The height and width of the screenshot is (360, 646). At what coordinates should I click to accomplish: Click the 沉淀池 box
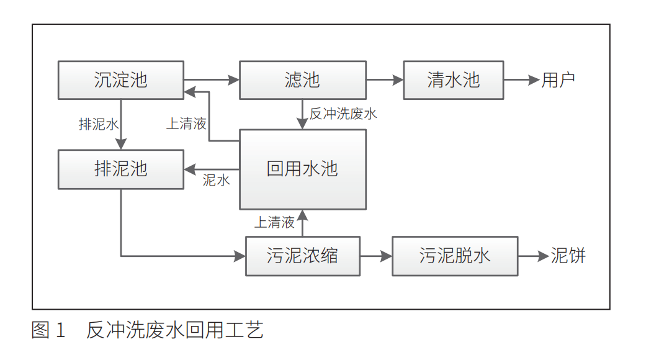121,80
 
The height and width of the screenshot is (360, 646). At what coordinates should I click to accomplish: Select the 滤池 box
302,80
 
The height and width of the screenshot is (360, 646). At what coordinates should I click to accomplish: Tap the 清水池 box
453,80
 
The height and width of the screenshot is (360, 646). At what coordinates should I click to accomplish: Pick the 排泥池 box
121,169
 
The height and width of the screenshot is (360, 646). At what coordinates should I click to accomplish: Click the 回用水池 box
302,169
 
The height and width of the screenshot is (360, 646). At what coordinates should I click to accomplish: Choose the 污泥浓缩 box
302,256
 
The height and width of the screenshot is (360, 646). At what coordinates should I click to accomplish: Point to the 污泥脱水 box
455,256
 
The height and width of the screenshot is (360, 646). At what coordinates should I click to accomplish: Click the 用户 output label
559,80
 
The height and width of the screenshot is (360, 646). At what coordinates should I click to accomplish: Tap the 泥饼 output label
568,256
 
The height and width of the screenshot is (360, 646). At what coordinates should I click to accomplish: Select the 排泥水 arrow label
98,124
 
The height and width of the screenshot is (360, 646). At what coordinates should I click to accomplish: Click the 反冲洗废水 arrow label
343,114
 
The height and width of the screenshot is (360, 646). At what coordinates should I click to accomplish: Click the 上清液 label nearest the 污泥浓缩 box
274,222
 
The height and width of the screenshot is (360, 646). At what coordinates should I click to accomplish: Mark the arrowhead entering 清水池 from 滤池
398,80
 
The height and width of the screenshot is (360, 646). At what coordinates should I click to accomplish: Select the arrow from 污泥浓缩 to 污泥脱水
375,256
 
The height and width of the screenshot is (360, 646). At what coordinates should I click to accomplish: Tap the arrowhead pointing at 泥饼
544,256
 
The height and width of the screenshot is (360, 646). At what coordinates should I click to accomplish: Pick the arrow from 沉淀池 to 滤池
211,80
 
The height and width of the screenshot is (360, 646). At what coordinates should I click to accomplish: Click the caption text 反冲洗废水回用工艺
175,330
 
